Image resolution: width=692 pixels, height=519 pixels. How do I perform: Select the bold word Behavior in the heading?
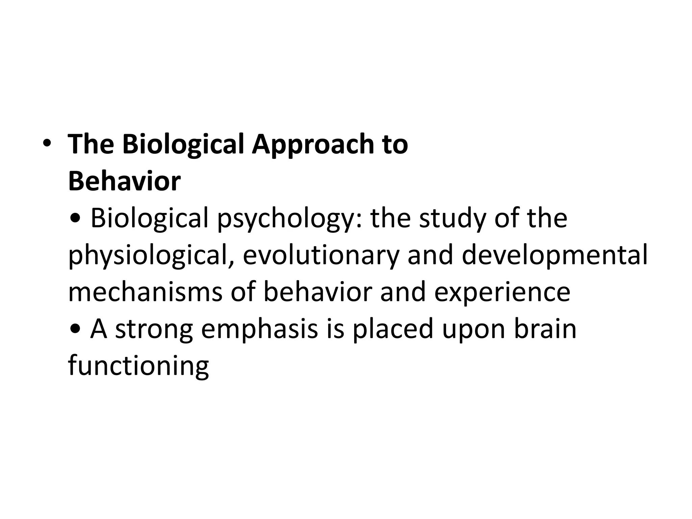click(x=124, y=181)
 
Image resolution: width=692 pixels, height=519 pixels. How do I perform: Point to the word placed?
click(x=393, y=329)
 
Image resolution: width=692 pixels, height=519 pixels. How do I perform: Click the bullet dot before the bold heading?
click(x=47, y=144)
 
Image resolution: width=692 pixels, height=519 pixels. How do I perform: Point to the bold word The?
click(x=91, y=144)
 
